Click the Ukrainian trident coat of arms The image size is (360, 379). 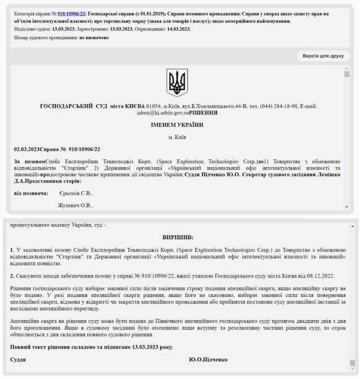177,83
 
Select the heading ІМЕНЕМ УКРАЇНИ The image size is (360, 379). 177,125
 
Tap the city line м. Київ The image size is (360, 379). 177,136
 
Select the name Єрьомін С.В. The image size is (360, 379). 76,194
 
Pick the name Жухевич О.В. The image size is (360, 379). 75,205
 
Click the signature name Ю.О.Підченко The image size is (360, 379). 208,360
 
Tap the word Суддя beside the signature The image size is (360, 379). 18,360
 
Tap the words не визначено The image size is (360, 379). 94,38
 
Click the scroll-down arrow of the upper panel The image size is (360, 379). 346,206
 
